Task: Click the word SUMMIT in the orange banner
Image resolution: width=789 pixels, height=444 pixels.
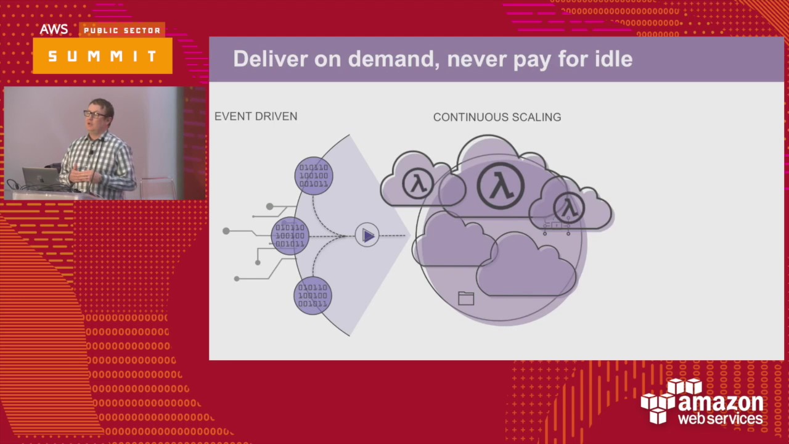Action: (x=102, y=56)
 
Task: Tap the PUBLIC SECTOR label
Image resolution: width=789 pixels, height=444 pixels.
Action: (x=122, y=30)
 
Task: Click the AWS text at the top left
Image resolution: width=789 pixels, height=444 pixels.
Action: (x=54, y=30)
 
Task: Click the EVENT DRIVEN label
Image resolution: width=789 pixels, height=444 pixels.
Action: (x=256, y=117)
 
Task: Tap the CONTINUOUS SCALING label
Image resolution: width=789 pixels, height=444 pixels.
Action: (x=497, y=117)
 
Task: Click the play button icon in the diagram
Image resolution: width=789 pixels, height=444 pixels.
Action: (x=367, y=236)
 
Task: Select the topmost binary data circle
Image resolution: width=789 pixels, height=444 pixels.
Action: (x=314, y=176)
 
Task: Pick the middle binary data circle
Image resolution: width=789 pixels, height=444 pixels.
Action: (x=290, y=236)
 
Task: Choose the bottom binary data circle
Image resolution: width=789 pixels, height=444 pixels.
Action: (x=313, y=295)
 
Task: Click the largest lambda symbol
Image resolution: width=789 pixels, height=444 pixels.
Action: (x=501, y=186)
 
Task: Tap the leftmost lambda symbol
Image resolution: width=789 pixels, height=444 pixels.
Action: (x=417, y=184)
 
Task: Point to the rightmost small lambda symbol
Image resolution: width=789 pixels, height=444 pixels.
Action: (x=569, y=207)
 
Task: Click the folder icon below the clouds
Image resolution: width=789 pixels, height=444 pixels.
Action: (x=466, y=298)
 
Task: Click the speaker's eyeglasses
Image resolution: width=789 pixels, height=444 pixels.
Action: (x=94, y=115)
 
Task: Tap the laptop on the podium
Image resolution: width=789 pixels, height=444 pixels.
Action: (x=40, y=178)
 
